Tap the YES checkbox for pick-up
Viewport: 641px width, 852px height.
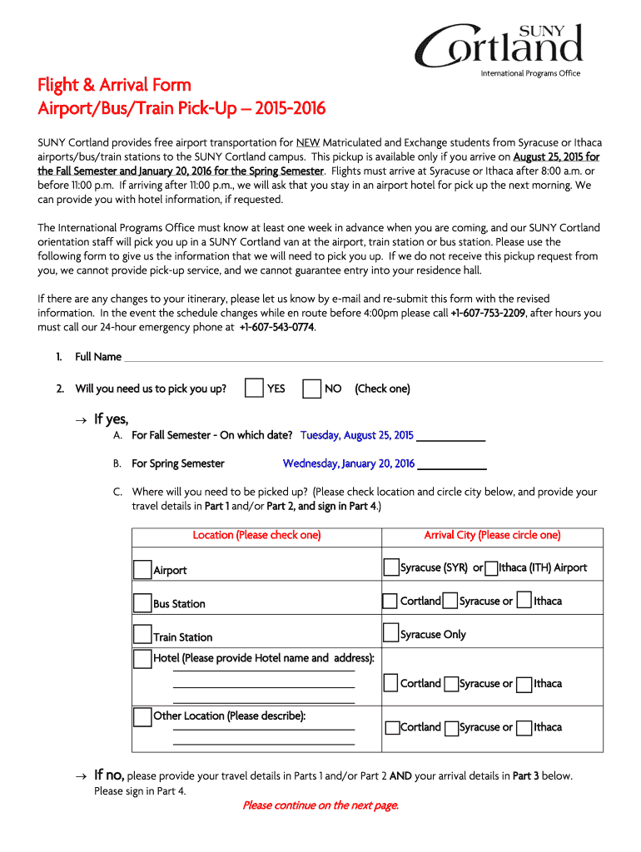pos(255,389)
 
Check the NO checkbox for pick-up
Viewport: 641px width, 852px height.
pos(312,389)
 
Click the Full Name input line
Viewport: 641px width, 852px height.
pos(363,357)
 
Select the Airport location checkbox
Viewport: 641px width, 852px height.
pos(142,569)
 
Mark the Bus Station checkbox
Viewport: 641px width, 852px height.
pos(142,602)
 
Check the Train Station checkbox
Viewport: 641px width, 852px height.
pos(142,636)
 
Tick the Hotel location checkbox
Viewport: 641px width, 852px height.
pos(142,658)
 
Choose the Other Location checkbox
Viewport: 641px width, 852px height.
pos(142,716)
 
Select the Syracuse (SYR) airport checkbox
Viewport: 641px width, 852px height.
pos(390,567)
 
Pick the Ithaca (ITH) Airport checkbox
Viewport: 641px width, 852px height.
pos(491,568)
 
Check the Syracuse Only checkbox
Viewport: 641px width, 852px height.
pos(390,634)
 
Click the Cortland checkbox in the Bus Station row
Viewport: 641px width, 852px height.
pos(390,601)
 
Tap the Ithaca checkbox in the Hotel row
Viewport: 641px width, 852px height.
pos(524,684)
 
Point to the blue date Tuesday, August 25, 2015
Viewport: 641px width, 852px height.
pos(356,435)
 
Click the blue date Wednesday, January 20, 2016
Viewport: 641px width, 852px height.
pos(348,463)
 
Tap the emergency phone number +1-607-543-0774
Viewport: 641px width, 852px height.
pos(276,327)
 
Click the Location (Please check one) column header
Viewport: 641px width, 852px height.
pos(256,535)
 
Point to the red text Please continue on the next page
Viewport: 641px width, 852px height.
pos(320,805)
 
